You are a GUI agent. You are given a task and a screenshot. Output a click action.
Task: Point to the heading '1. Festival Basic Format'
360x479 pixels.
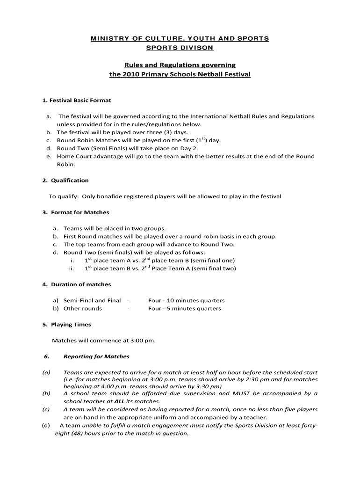click(77, 100)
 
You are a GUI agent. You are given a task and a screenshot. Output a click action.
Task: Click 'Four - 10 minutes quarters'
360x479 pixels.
click(186, 300)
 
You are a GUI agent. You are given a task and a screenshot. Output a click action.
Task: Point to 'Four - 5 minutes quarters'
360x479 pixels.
click(184, 308)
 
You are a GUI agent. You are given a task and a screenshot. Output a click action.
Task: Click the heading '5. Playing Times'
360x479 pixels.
click(66, 324)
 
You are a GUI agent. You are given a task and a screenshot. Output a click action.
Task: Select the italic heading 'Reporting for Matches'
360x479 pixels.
click(96, 356)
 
